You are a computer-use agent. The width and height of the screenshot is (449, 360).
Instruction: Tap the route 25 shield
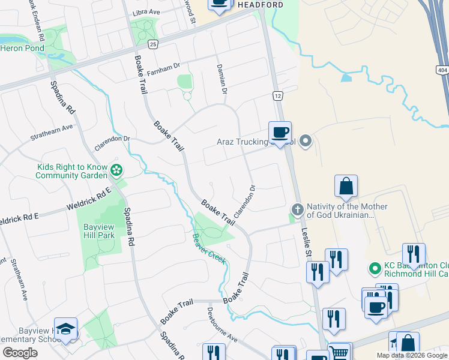[153, 44]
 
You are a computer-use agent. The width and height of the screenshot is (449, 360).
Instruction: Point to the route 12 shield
[277, 96]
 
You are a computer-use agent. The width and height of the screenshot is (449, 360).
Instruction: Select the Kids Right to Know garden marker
[116, 171]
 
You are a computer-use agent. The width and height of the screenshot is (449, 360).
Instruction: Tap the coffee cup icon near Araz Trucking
[280, 132]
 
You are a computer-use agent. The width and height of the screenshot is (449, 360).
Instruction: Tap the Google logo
[20, 353]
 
